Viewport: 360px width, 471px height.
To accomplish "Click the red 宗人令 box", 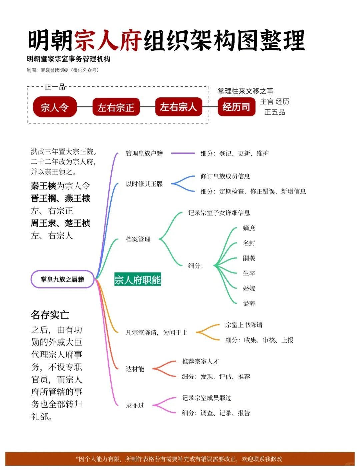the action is pyautogui.click(x=55, y=107).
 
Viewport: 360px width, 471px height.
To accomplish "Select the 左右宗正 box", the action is pyautogui.click(x=116, y=107).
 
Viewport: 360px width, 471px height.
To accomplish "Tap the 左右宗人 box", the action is pyautogui.click(x=178, y=107).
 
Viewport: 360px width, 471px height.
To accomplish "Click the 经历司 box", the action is pyautogui.click(x=236, y=107).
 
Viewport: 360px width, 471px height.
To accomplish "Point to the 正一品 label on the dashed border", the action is pyautogui.click(x=55, y=87).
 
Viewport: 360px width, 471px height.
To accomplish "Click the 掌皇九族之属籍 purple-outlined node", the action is pyautogui.click(x=62, y=279).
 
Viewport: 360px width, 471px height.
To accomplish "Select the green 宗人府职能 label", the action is pyautogui.click(x=137, y=280).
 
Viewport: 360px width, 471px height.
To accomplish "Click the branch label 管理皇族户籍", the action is pyautogui.click(x=144, y=153).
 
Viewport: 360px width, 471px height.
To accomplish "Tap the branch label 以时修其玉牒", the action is pyautogui.click(x=144, y=184).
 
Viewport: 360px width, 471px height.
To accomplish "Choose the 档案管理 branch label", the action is pyautogui.click(x=138, y=239).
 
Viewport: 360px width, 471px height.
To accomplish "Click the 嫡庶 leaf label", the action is pyautogui.click(x=249, y=228).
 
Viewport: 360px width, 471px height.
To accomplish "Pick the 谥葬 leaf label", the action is pyautogui.click(x=249, y=304).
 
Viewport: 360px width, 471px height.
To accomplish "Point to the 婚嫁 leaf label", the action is pyautogui.click(x=249, y=288).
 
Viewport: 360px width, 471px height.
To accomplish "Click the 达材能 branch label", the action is pyautogui.click(x=135, y=369).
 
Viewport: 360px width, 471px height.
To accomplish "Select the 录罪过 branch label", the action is pyautogui.click(x=135, y=406).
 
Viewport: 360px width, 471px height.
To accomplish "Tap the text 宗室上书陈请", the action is pyautogui.click(x=244, y=325).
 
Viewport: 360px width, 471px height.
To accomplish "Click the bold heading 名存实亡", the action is pyautogui.click(x=50, y=315).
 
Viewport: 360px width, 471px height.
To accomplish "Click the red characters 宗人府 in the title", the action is pyautogui.click(x=108, y=41).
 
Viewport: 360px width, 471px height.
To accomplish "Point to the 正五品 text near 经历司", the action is pyautogui.click(x=274, y=112).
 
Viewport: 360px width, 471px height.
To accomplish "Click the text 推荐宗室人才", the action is pyautogui.click(x=200, y=361).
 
